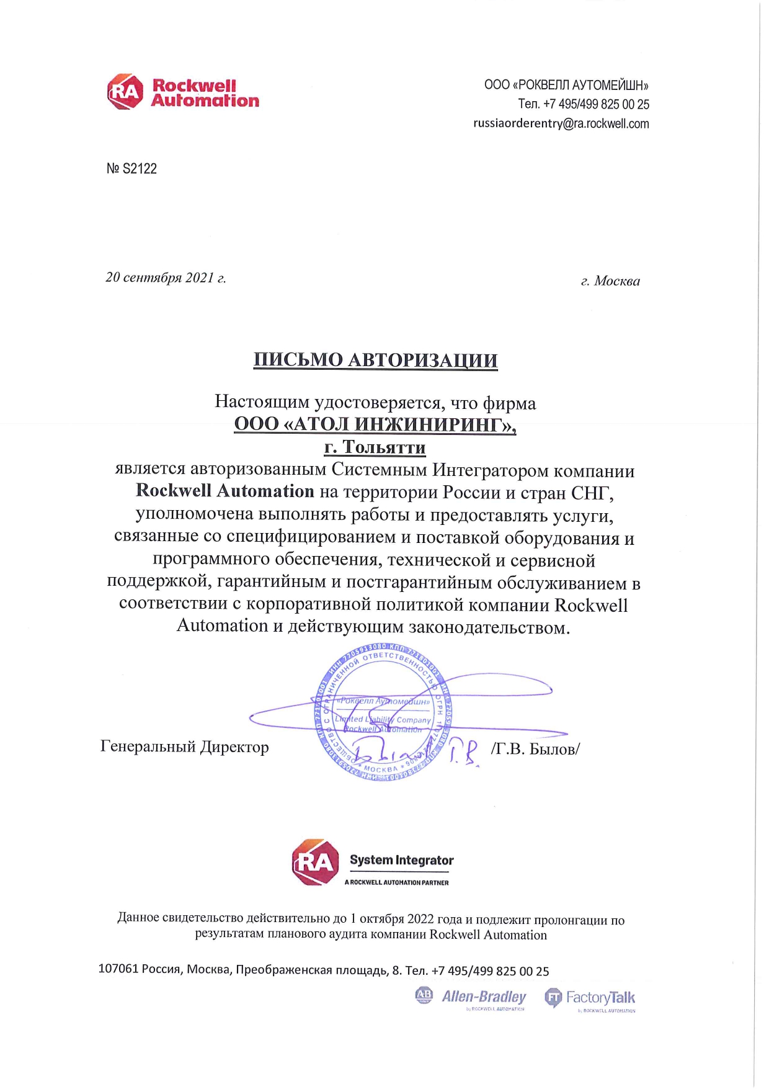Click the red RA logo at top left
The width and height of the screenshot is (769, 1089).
click(125, 92)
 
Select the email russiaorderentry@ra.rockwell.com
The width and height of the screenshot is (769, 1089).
click(561, 123)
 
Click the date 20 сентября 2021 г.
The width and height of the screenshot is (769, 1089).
click(166, 277)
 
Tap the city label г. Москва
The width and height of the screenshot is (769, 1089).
click(610, 281)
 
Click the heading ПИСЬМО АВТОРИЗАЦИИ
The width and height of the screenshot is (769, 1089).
click(375, 360)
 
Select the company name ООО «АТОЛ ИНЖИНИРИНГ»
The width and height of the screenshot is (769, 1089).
click(375, 424)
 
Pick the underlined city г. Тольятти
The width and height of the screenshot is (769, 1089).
click(375, 447)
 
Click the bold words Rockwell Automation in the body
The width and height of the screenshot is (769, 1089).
click(225, 491)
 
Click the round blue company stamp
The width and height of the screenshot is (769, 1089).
click(383, 712)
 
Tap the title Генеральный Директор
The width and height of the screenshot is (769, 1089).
click(184, 746)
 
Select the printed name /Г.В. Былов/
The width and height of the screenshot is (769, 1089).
click(535, 749)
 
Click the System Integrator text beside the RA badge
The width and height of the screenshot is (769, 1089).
click(401, 860)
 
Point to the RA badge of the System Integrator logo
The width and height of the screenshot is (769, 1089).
click(315, 862)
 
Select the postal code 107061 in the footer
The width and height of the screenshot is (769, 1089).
click(118, 969)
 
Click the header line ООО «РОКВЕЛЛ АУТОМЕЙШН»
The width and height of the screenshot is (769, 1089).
click(566, 85)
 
